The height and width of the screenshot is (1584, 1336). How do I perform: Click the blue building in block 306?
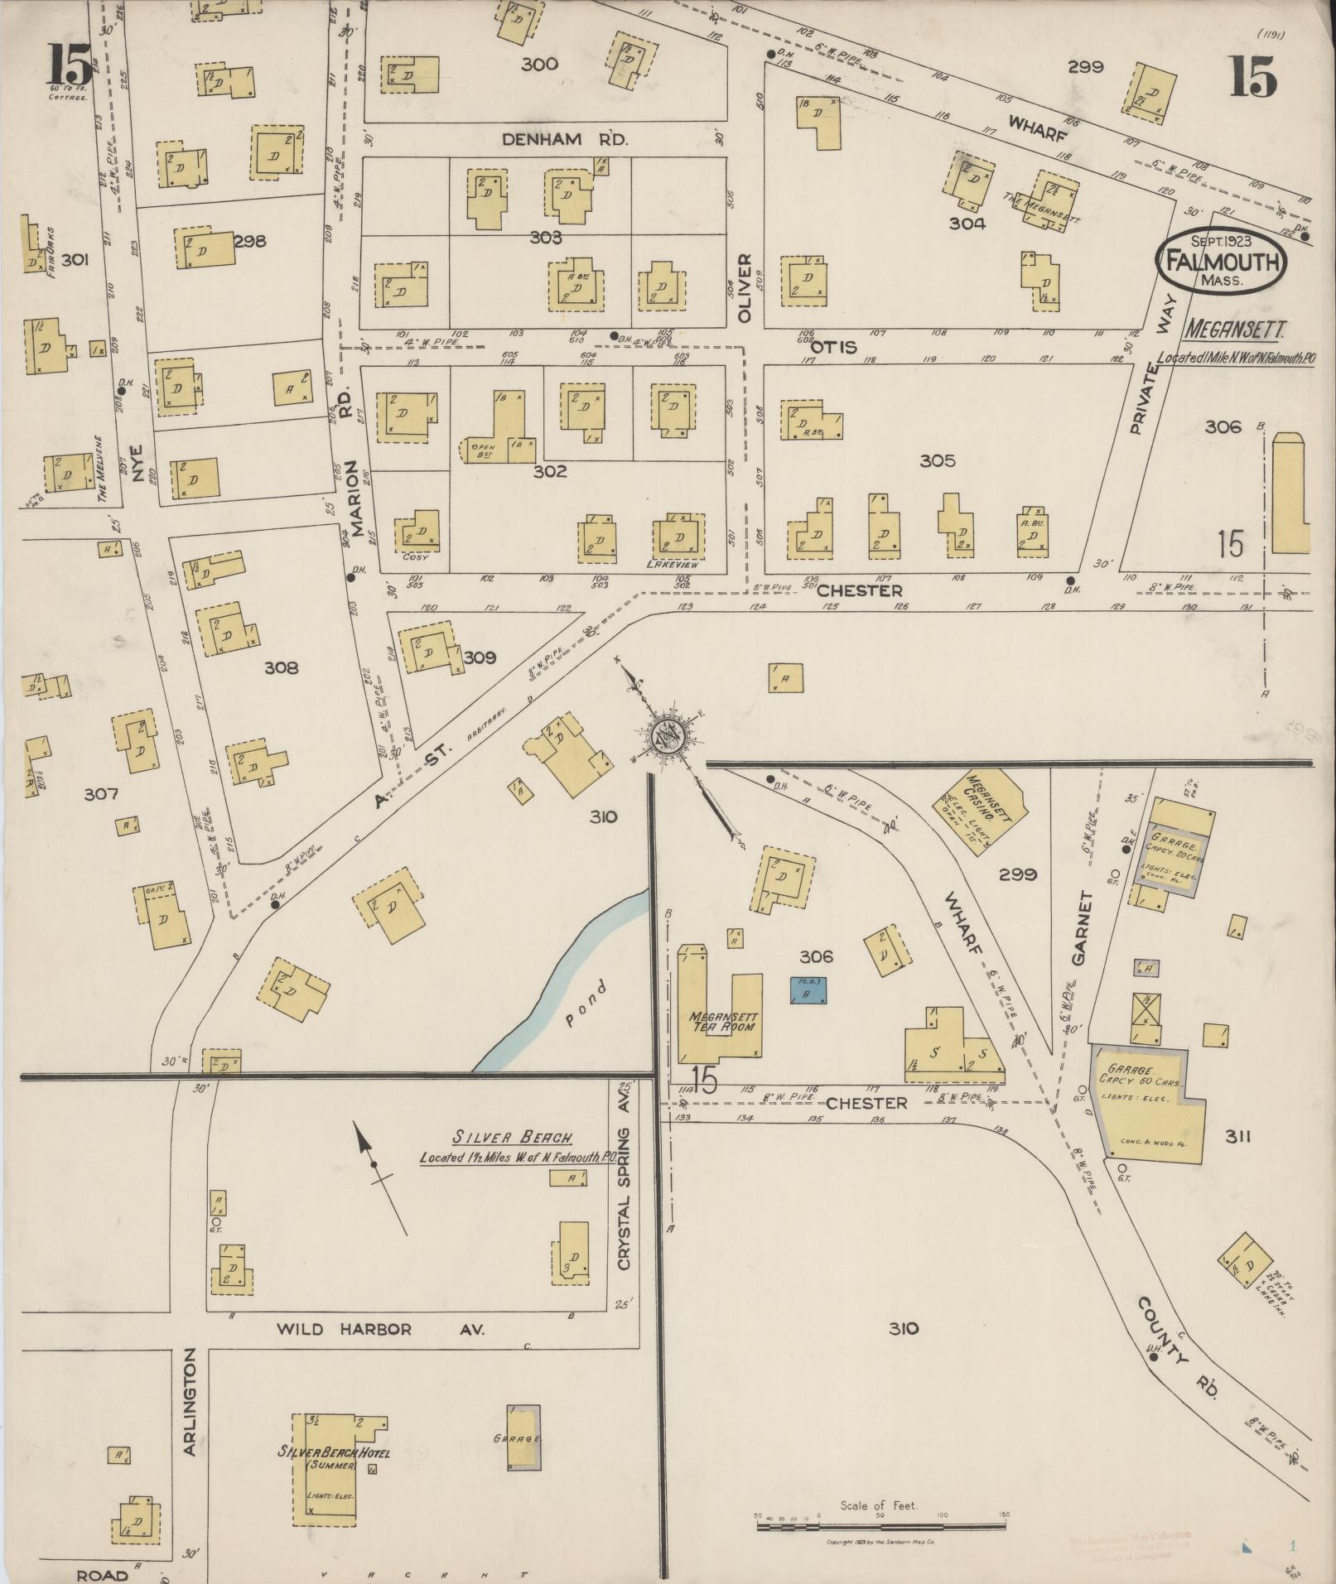tap(808, 989)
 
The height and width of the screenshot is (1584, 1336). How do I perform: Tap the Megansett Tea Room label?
tap(724, 1021)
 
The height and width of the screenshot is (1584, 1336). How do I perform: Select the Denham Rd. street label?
tap(566, 140)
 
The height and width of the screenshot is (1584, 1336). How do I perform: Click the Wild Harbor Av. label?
tap(380, 1329)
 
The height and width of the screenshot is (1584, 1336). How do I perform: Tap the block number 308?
tap(281, 667)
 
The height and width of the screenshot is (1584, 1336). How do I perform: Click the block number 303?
tap(546, 238)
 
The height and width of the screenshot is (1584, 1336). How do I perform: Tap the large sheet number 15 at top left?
tap(68, 65)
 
